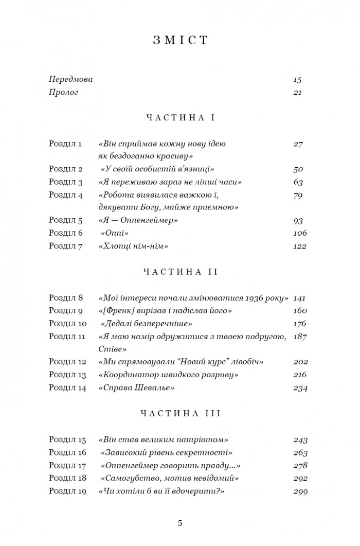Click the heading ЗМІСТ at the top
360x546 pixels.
click(180, 41)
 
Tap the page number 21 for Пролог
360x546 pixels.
click(297, 93)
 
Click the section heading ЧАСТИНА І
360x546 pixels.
click(180, 118)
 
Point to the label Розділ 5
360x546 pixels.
click(65, 220)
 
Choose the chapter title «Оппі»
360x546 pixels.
click(115, 233)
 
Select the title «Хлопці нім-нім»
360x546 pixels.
click(133, 246)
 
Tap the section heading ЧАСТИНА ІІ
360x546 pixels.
click(180, 272)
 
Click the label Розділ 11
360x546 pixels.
click(67, 336)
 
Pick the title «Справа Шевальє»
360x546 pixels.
click(136, 388)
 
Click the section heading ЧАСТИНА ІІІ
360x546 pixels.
click(180, 413)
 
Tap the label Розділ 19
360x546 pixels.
click(67, 491)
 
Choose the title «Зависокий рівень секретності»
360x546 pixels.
click(167, 453)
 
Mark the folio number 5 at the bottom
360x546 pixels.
click(180, 523)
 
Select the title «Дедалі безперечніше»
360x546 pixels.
click(147, 323)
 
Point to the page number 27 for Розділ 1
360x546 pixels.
click(298, 144)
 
